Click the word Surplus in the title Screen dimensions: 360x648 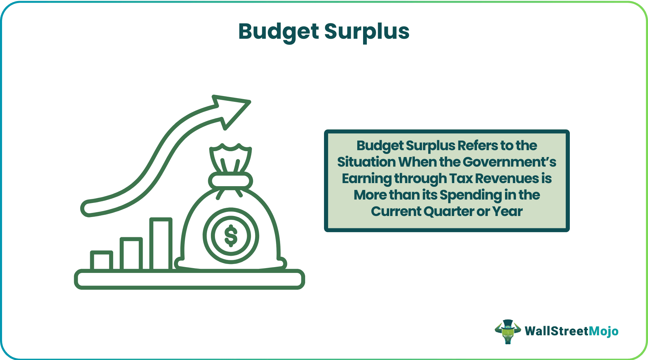point(367,32)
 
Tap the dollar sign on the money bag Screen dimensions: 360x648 point(231,236)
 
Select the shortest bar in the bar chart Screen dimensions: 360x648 point(101,260)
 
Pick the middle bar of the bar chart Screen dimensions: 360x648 point(131,253)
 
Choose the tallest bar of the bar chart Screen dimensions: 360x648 point(161,243)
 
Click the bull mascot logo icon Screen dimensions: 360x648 point(507,331)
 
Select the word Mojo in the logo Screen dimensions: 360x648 point(603,331)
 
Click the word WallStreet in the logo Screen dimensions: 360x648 point(556,331)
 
